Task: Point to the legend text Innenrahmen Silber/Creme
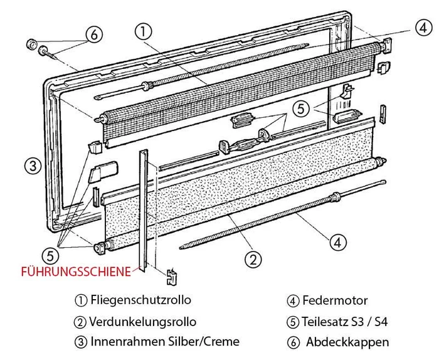click(165, 342)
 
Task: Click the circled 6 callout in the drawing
click(93, 35)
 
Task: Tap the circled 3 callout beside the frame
click(33, 166)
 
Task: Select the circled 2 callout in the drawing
click(252, 258)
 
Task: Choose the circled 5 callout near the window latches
click(302, 108)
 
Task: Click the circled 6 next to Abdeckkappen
click(293, 342)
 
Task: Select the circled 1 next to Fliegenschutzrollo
click(80, 300)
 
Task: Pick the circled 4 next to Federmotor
click(293, 300)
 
